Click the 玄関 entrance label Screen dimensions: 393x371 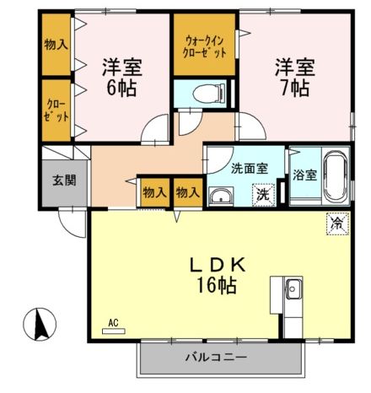(63, 180)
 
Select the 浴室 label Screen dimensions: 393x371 (305, 175)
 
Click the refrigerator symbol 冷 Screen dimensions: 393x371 (336, 224)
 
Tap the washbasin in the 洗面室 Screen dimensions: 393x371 (222, 197)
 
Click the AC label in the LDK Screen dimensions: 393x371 (113, 322)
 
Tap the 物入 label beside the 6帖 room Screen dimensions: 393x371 (56, 44)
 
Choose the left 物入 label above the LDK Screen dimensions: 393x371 (154, 192)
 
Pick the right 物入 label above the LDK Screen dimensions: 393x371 (187, 192)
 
